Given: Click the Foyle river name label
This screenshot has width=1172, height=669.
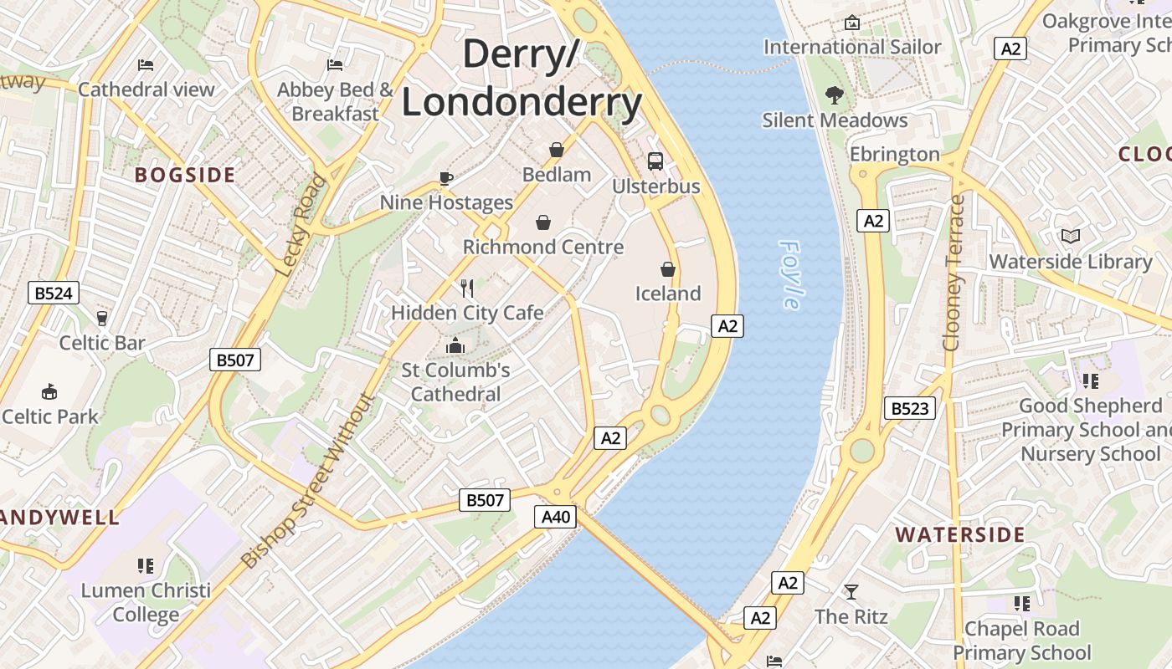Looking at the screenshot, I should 790,275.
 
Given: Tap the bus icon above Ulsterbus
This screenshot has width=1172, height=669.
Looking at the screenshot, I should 655,161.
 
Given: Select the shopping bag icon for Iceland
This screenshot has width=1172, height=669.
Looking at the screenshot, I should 668,268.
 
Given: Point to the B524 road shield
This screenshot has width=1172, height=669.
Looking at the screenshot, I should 54,293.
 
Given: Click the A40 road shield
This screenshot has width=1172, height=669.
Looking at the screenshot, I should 556,517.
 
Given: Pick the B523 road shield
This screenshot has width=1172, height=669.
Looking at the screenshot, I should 909,408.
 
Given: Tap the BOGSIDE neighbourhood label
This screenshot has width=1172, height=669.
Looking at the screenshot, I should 185,175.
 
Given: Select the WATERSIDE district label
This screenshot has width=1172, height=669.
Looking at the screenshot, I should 959,534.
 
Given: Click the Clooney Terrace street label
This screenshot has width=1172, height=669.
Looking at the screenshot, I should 954,273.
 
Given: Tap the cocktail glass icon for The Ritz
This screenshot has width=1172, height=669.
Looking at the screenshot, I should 851,592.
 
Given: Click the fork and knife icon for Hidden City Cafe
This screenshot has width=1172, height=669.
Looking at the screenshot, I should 467,289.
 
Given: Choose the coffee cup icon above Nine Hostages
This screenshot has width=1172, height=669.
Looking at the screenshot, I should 446,177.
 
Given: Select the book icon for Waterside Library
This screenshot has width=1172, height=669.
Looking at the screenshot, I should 1070,237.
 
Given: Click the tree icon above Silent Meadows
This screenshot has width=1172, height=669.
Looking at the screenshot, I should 834,95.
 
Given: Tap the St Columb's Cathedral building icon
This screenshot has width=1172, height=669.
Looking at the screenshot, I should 455,345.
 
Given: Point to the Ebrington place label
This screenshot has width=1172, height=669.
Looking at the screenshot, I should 895,154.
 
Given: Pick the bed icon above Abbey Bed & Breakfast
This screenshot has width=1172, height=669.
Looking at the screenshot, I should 335,64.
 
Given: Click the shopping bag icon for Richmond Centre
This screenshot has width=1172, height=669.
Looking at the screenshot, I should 543,222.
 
